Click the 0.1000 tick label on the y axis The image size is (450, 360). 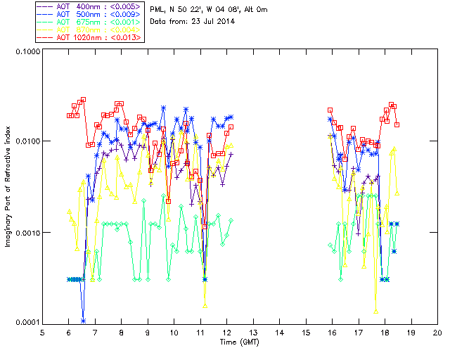coord(25,53)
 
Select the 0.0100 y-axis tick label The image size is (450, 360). coord(25,141)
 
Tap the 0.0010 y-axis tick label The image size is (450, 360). coord(25,233)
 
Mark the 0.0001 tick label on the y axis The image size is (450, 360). coord(25,322)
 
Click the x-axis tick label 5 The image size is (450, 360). coord(42,333)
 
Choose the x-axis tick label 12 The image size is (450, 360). coord(226,333)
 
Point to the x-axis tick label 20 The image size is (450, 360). coord(437,333)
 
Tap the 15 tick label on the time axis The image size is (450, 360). coord(306,333)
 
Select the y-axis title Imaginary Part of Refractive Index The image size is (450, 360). coord(9,188)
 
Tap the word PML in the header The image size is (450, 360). coord(157,9)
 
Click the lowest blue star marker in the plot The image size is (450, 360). coord(84,321)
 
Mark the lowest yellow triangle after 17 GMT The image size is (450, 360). coord(376,310)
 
